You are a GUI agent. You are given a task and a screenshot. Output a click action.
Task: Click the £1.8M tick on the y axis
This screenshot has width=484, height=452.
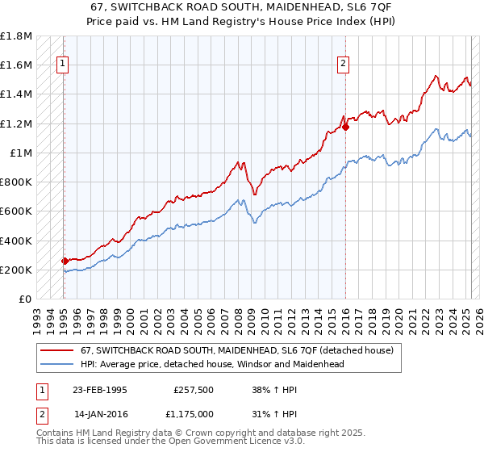16,36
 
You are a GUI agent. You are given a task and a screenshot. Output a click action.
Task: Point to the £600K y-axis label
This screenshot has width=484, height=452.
16,211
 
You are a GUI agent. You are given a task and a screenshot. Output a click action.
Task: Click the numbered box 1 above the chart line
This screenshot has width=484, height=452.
63,65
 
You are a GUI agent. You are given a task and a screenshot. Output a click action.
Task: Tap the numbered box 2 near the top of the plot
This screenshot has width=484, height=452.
344,65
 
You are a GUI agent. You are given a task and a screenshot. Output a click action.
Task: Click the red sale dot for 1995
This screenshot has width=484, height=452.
65,261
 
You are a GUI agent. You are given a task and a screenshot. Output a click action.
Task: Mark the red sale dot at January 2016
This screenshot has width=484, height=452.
345,127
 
